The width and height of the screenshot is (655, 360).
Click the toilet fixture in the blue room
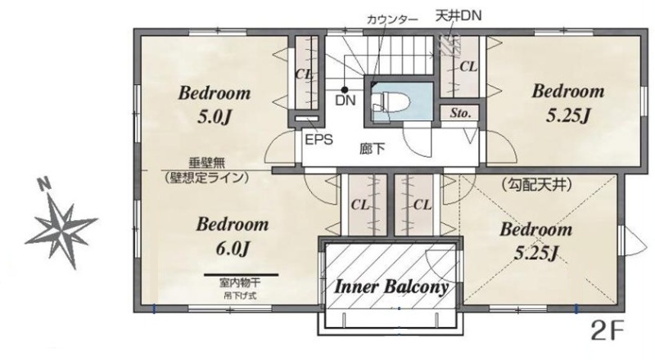point(381,102)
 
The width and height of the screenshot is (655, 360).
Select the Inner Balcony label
point(391,287)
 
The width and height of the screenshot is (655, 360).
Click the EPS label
point(319,139)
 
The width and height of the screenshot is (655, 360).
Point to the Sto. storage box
point(461,113)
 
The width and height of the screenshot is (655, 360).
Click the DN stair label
point(346,101)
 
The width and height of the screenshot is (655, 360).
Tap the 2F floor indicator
point(607,331)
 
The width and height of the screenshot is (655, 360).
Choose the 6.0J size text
point(233,250)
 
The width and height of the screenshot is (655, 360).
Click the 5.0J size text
point(215,117)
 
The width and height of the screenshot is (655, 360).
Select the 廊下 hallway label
point(373,149)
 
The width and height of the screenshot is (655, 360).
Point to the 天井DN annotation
point(458,16)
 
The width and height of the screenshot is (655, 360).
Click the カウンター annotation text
point(392,20)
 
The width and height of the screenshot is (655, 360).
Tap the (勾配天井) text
point(535,184)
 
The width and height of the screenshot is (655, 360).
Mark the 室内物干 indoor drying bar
point(241,275)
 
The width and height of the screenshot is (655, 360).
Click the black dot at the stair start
point(345,89)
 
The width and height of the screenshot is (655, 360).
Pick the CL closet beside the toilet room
point(460,67)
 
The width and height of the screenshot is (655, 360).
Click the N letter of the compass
point(43,184)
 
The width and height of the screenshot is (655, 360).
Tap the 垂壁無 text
point(207,163)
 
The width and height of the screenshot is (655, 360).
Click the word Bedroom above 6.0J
point(233,224)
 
